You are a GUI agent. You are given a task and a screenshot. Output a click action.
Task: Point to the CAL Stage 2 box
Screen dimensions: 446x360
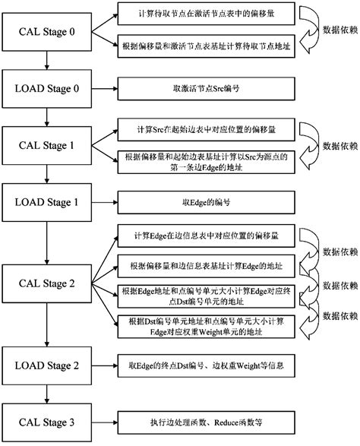coord(47,284)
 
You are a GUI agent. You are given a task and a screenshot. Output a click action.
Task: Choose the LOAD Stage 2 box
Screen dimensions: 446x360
coord(47,365)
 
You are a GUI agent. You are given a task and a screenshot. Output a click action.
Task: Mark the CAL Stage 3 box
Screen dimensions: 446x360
coord(47,420)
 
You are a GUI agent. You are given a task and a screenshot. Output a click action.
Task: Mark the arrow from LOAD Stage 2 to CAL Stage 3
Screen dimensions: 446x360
coord(47,394)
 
